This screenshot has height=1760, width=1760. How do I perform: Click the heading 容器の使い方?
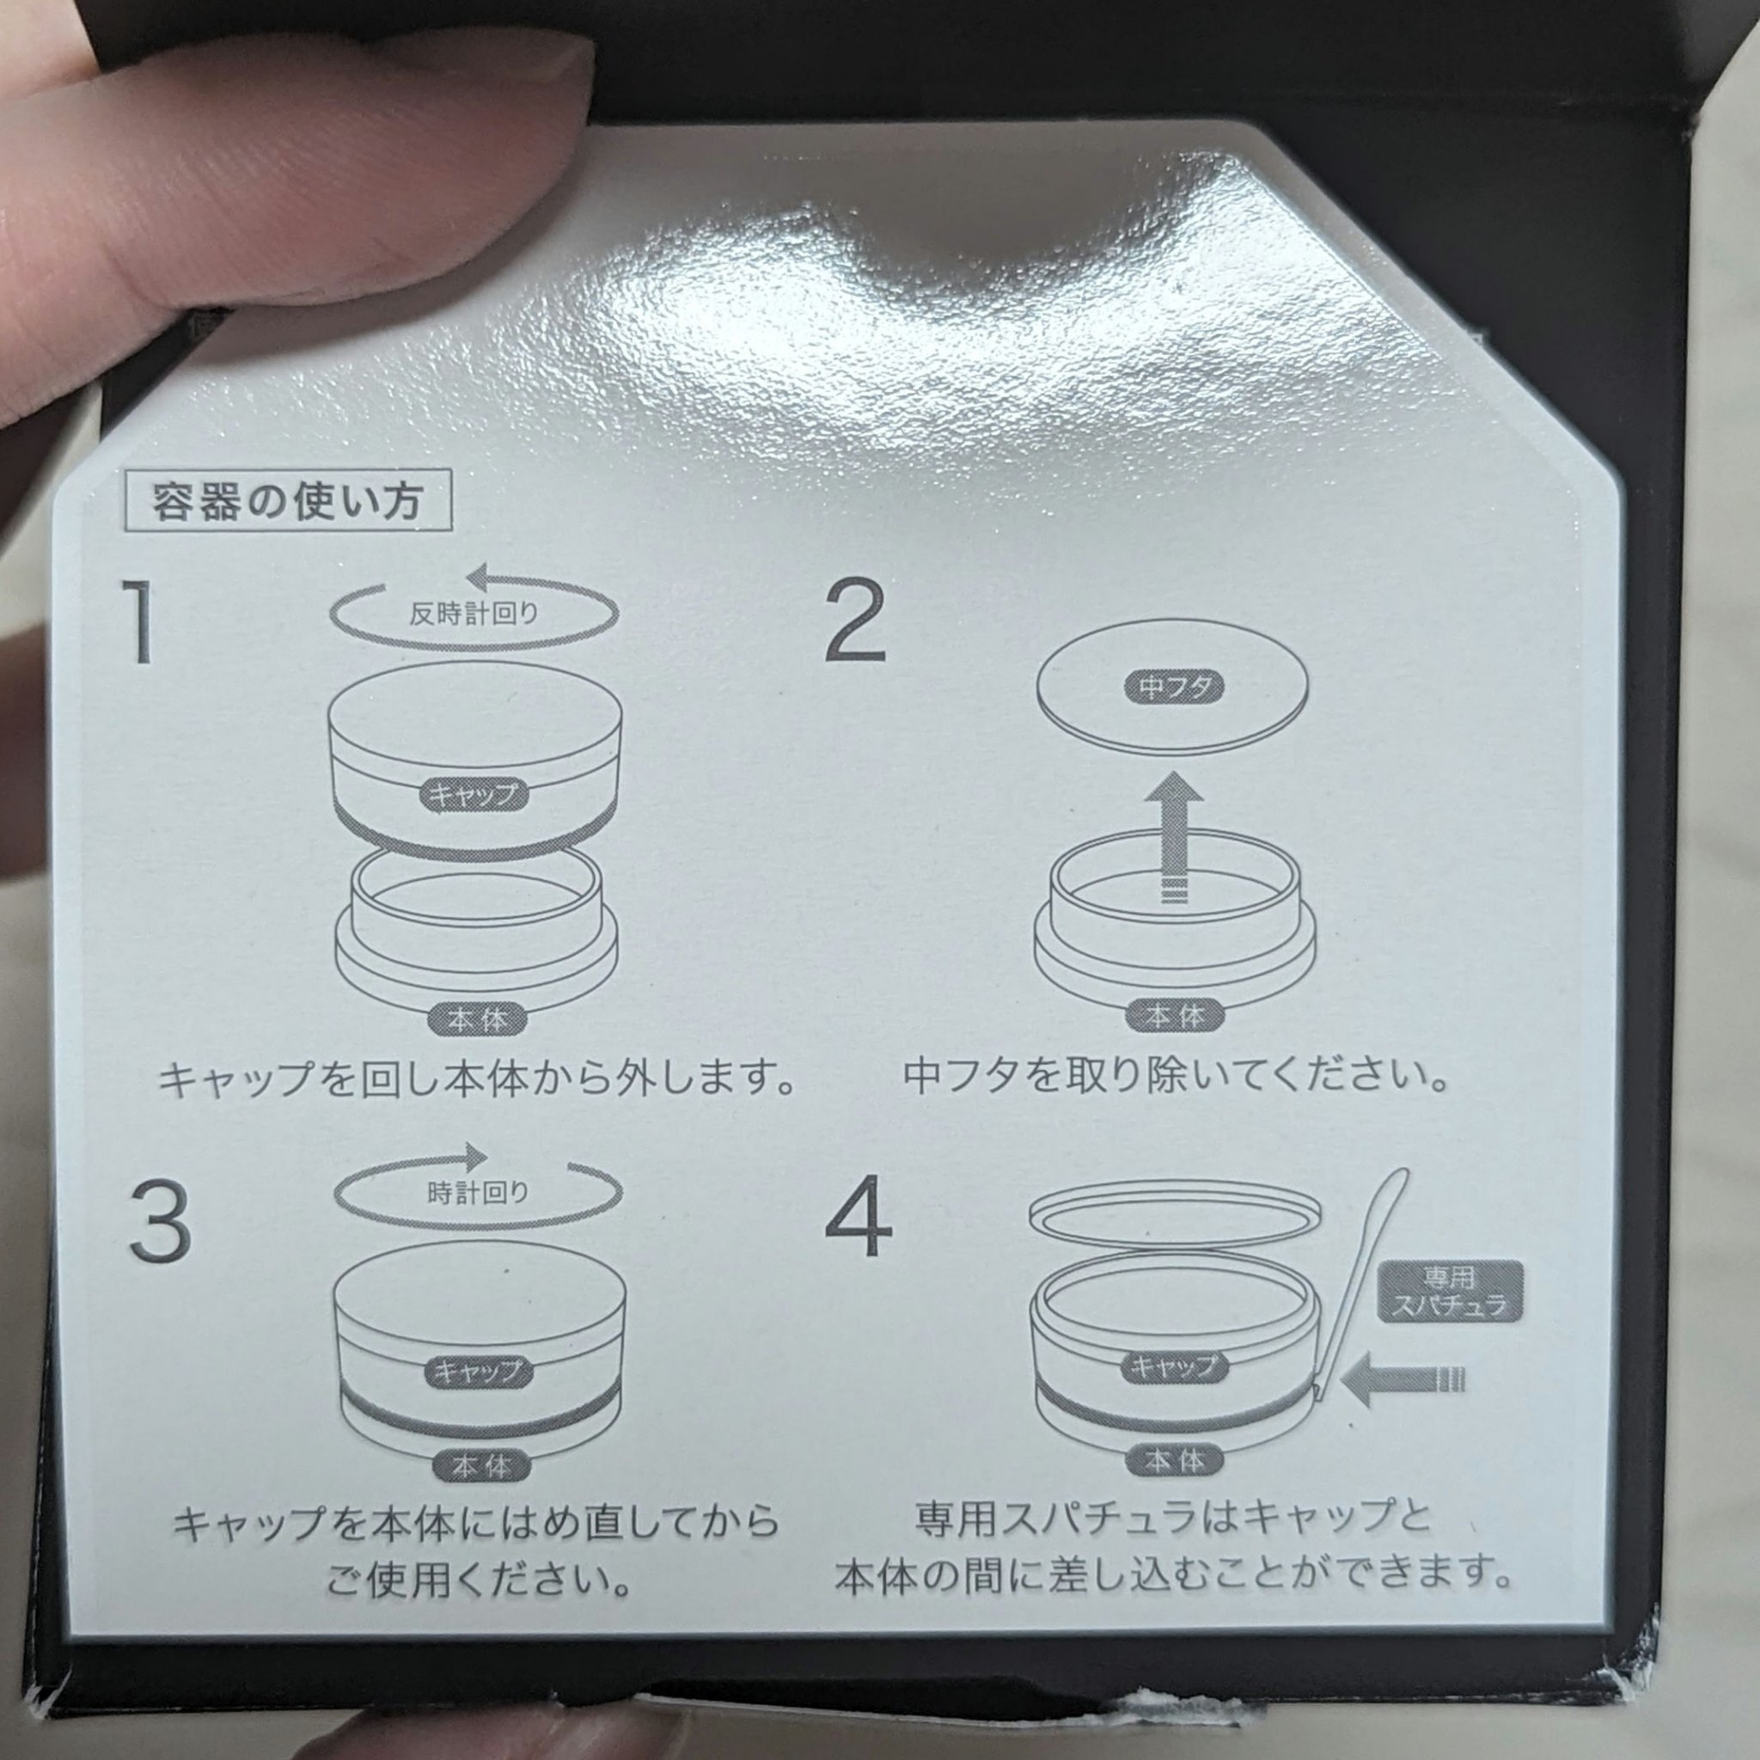(288, 500)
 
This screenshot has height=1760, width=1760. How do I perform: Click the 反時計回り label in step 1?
(474, 613)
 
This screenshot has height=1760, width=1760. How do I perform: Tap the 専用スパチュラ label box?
(1451, 1290)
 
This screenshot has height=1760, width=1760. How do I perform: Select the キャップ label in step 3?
(477, 1371)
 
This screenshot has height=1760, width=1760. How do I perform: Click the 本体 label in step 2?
(1173, 1014)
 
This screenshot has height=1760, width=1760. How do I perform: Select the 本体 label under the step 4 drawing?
(1173, 1460)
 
